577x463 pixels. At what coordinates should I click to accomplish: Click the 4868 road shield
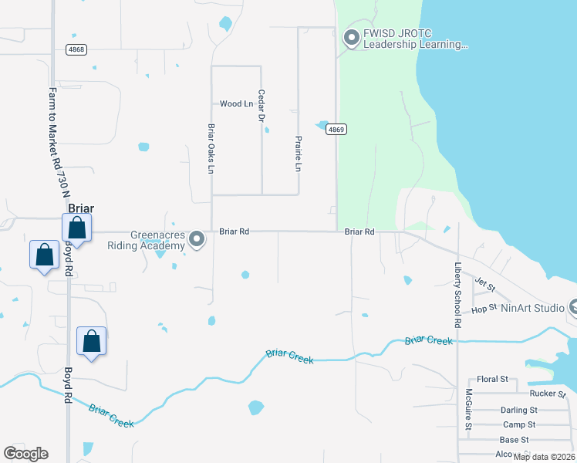point(76,49)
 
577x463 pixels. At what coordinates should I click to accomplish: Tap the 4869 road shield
point(335,130)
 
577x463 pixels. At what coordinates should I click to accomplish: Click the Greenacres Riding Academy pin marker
point(197,239)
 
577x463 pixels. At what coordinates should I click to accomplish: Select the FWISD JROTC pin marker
point(352,37)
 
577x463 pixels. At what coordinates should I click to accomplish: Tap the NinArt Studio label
point(532,308)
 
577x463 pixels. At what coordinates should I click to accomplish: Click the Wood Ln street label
point(236,103)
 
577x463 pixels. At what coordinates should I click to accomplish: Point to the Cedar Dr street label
point(262,106)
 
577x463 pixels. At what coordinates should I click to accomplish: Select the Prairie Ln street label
point(298,154)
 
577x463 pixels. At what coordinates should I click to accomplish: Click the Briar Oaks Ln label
point(210,148)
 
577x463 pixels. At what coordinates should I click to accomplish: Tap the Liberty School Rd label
point(457,295)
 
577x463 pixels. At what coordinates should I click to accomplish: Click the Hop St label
point(484,309)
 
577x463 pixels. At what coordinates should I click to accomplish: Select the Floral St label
point(492,380)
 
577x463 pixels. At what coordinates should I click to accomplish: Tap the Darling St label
point(518,410)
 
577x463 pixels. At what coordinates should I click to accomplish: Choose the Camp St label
point(519,424)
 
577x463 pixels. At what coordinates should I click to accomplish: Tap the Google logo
point(25,454)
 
